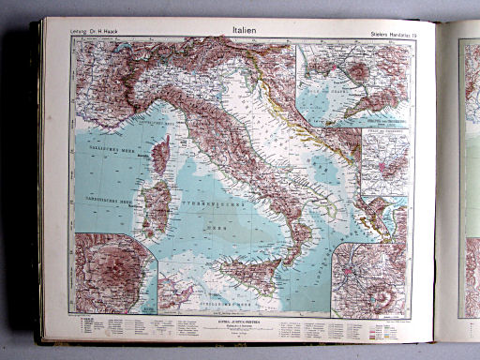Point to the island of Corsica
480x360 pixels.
160,155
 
